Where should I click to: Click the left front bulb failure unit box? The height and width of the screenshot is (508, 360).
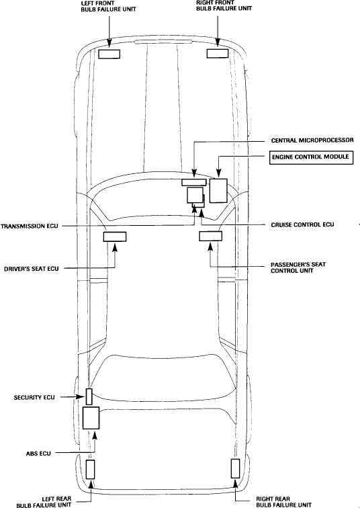pyautogui.click(x=109, y=54)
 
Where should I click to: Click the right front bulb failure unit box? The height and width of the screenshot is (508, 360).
pyautogui.click(x=218, y=54)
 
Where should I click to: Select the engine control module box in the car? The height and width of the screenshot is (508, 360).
pyautogui.click(x=218, y=191)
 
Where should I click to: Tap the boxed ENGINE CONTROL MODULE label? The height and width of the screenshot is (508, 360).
pyautogui.click(x=311, y=157)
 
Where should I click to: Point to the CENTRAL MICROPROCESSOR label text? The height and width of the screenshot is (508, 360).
pyautogui.click(x=312, y=140)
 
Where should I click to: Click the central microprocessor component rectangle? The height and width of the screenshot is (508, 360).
pyautogui.click(x=194, y=182)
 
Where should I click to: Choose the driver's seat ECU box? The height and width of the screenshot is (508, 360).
pyautogui.click(x=115, y=237)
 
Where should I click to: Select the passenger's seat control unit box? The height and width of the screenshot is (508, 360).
pyautogui.click(x=210, y=236)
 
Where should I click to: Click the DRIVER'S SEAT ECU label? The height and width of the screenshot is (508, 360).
pyautogui.click(x=32, y=269)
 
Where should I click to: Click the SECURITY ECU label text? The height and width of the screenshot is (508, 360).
pyautogui.click(x=34, y=398)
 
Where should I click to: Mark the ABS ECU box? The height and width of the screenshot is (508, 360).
pyautogui.click(x=91, y=418)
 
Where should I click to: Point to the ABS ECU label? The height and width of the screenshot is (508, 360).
pyautogui.click(x=38, y=454)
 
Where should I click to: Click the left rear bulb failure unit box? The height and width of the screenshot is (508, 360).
pyautogui.click(x=90, y=470)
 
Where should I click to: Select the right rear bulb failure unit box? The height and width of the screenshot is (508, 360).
pyautogui.click(x=235, y=468)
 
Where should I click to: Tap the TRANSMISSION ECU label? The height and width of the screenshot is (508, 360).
pyautogui.click(x=30, y=226)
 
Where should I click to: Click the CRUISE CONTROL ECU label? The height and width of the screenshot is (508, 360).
pyautogui.click(x=302, y=224)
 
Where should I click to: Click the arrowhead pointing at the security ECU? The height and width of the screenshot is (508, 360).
pyautogui.click(x=82, y=397)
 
